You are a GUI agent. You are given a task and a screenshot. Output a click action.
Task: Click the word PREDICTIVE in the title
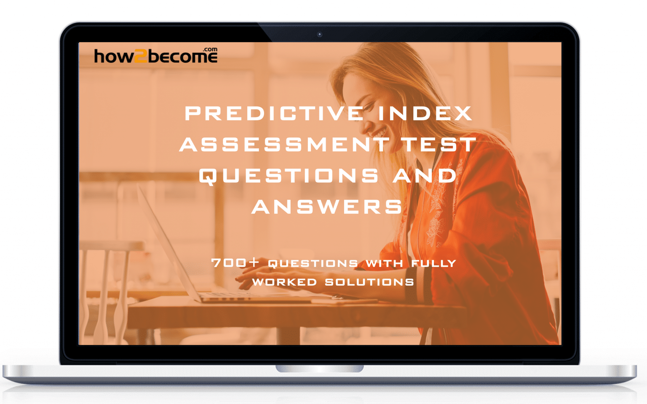coord(274,114)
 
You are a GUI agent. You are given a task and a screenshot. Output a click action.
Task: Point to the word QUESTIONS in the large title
coord(289,175)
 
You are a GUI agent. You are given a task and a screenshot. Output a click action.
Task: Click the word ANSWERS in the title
coord(327,207)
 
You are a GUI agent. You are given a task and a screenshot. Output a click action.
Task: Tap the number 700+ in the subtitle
coord(235,263)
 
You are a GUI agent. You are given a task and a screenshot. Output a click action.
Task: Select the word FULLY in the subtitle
coord(433,263)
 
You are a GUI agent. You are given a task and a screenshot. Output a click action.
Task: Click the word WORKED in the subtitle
coord(284,282)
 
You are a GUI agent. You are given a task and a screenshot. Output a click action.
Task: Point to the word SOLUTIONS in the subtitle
coord(369,282)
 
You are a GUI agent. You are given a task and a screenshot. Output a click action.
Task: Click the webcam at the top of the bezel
coord(320,35)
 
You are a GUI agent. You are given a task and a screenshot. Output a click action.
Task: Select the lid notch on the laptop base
coord(320,369)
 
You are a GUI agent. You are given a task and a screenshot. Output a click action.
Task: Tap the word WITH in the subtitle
coord(384,263)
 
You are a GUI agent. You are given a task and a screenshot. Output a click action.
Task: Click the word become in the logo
coord(182,57)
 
